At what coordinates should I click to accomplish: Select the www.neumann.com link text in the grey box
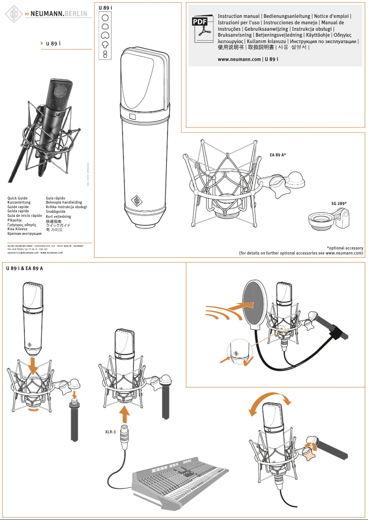239,60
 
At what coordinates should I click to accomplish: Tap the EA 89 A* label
278,155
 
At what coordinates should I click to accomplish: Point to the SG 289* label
339,204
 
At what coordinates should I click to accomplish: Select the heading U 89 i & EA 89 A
24,268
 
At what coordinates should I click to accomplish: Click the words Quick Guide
17,198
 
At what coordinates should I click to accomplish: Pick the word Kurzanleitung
19,202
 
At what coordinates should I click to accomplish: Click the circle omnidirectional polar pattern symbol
105,17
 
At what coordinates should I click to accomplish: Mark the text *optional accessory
345,248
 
